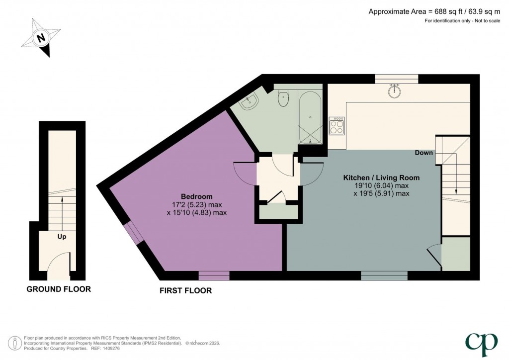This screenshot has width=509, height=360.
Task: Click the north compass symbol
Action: click(42, 37)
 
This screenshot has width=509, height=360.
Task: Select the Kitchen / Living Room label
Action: click(382, 178)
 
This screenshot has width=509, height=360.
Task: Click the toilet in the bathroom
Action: click(284, 97)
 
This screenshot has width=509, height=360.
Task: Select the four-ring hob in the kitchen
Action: click(337, 125)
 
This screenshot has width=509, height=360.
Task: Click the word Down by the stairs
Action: click(424, 153)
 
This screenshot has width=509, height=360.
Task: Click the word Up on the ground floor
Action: click(62, 237)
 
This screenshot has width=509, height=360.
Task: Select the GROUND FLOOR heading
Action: click(59, 289)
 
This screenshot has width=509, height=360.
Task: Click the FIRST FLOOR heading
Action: click(185, 290)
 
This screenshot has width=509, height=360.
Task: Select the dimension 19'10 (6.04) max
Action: click(381, 185)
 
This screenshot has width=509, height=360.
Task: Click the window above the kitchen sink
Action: click(396, 79)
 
